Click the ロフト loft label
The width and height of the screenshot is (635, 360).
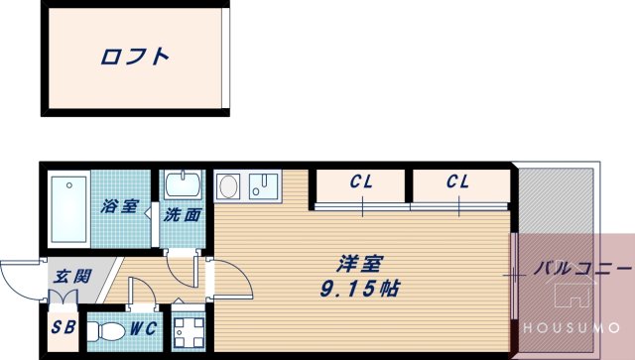pos(134,57)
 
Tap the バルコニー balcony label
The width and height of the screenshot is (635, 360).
pos(581,269)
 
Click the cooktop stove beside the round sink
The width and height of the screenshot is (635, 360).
pos(266,184)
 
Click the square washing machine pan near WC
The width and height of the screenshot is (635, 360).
pos(188,329)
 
